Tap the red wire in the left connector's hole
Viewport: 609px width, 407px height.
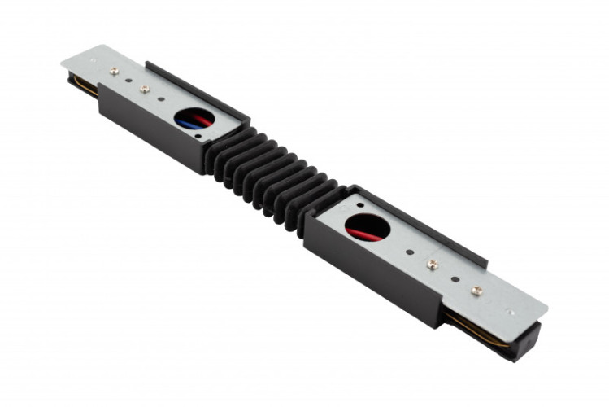point(200,119)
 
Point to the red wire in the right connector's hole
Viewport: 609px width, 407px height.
point(363,231)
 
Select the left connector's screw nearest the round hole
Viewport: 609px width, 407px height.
point(145,88)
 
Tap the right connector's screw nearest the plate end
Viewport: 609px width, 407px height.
point(476,290)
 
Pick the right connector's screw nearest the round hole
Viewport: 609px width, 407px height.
point(433,265)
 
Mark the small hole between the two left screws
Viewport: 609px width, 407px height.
point(130,80)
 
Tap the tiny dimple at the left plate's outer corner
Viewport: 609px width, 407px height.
point(92,60)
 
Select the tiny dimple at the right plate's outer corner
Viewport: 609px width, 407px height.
point(510,310)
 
